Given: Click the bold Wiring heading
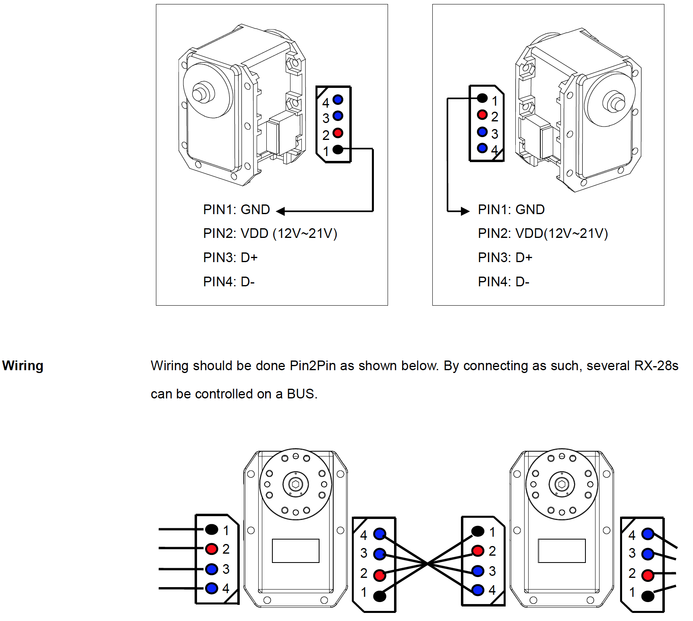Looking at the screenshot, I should (x=23, y=366).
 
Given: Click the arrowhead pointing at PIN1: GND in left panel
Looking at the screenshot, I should (x=280, y=211).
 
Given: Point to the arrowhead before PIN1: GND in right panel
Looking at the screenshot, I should (x=465, y=211).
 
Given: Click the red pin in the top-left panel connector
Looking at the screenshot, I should (x=338, y=133).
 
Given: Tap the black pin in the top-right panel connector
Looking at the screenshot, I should (x=482, y=98).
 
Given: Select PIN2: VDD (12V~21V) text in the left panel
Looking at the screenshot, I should (x=270, y=233).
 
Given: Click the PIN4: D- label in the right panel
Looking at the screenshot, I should (x=504, y=281).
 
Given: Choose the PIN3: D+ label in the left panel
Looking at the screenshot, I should (x=230, y=257).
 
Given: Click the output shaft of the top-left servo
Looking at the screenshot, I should (x=200, y=92).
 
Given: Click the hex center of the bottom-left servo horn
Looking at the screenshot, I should (x=296, y=484).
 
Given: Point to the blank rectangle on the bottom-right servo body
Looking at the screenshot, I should (x=562, y=550).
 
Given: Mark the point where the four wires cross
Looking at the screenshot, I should (x=427, y=563).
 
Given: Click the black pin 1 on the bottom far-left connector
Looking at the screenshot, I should (x=212, y=529).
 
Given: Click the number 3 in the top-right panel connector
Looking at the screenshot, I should (x=495, y=134).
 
